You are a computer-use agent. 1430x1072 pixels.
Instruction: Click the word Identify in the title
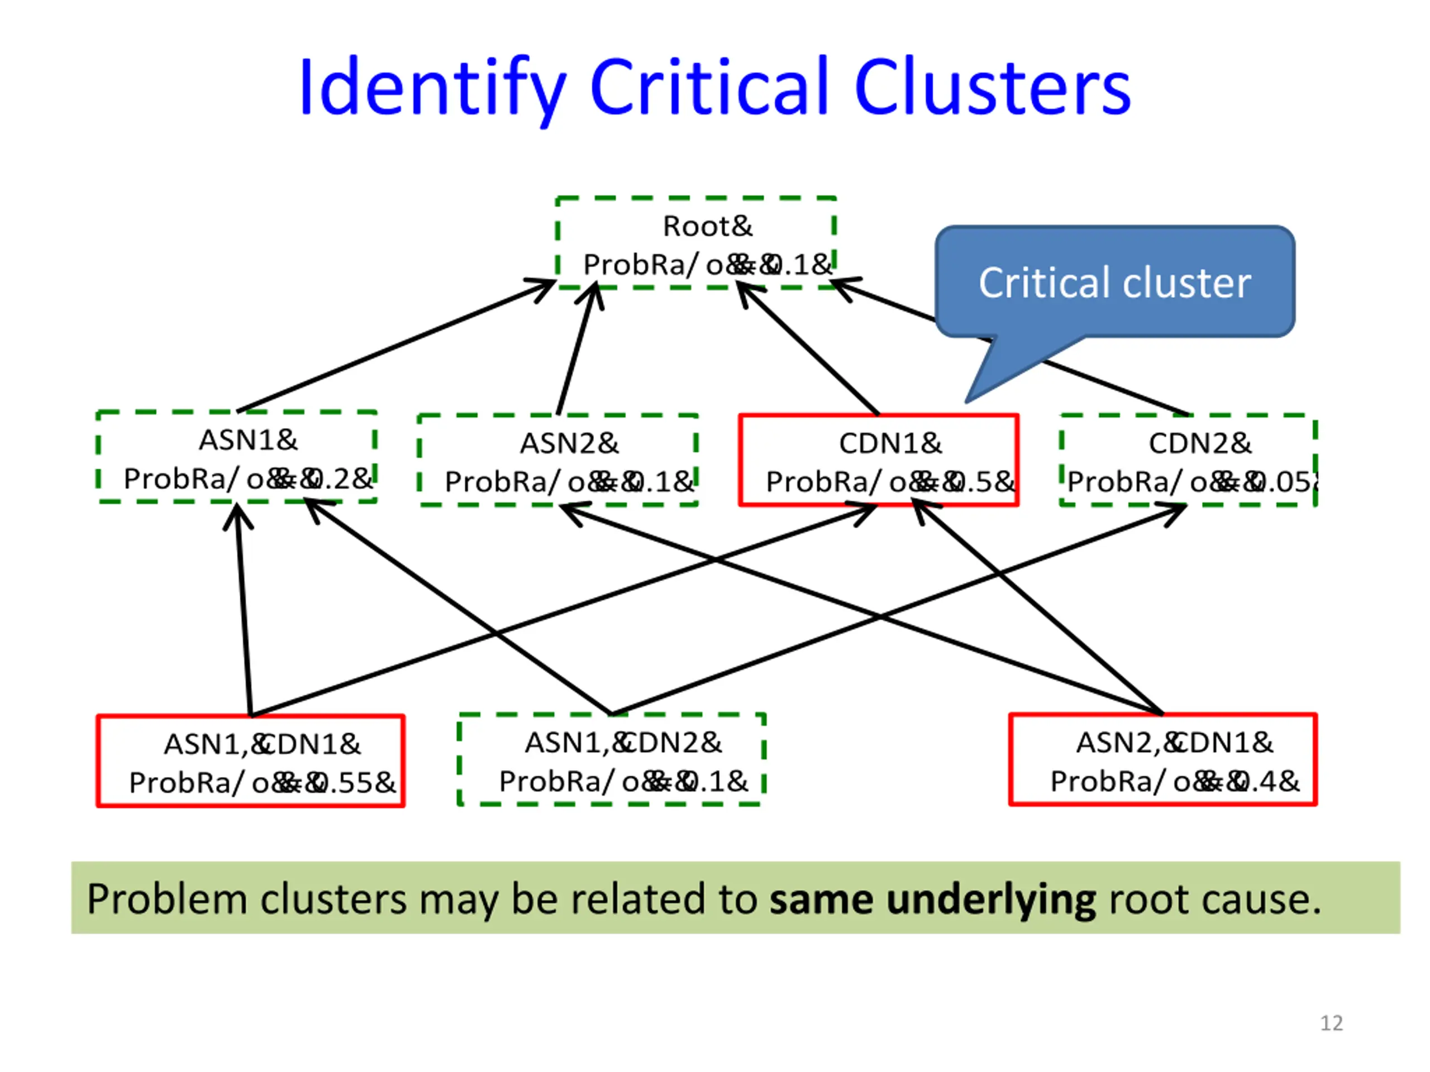[432, 87]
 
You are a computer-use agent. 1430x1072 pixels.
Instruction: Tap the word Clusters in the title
[992, 87]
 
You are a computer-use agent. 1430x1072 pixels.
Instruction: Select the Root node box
[695, 243]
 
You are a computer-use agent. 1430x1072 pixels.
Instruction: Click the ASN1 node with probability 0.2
[237, 457]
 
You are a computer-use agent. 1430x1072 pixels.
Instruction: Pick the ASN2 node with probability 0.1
[558, 461]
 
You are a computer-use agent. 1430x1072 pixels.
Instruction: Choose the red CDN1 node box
[879, 460]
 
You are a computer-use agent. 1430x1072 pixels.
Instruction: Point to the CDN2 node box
[1188, 460]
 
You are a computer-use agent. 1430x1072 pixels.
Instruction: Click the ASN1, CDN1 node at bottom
[251, 761]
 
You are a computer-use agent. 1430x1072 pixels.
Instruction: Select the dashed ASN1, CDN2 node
[612, 760]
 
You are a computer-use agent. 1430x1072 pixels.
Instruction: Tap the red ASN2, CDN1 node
[1162, 760]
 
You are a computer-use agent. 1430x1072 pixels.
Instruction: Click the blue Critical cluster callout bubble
[1114, 283]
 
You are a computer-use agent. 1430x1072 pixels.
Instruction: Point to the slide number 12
[1331, 1023]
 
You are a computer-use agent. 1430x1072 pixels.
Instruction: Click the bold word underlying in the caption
[990, 899]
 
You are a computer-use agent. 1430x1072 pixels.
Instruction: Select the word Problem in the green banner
[167, 899]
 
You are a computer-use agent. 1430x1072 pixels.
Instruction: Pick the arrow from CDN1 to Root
[808, 349]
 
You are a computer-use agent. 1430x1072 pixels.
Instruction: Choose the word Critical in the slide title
[708, 87]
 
